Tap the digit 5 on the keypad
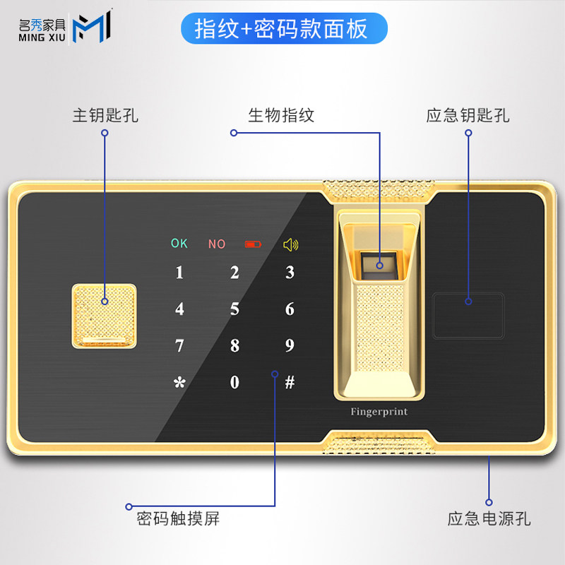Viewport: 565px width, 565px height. [x=234, y=309]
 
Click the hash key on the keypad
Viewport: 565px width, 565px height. [x=290, y=383]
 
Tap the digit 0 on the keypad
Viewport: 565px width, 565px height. [x=234, y=383]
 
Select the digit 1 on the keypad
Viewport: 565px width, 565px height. [x=179, y=273]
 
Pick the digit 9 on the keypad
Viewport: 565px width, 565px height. [x=290, y=346]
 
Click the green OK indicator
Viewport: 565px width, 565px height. [x=179, y=244]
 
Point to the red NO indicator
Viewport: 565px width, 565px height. [x=217, y=244]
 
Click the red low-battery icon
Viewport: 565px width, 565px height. [x=252, y=244]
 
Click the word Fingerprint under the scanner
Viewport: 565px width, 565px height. [x=379, y=412]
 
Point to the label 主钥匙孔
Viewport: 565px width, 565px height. [x=105, y=115]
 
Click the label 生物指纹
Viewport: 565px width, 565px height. [x=281, y=115]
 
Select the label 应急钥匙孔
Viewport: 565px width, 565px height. [x=468, y=115]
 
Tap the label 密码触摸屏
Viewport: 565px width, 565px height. [x=178, y=520]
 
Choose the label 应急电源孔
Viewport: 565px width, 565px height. [x=489, y=520]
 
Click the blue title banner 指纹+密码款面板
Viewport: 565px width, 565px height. [x=281, y=30]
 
